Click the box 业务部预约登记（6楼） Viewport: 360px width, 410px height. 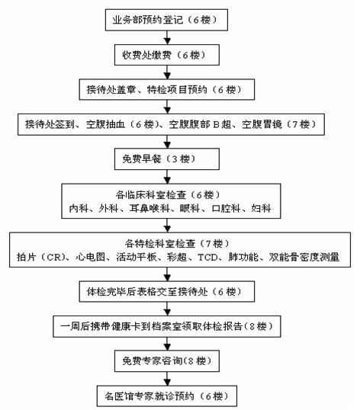[166, 20]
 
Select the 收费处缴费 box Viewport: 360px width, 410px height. [167, 55]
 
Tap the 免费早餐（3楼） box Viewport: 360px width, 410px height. [167, 159]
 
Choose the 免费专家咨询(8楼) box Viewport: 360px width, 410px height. [167, 361]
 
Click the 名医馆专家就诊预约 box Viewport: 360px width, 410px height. [167, 396]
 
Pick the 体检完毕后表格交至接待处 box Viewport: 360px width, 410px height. [167, 292]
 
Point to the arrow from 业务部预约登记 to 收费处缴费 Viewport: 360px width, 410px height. [167, 37]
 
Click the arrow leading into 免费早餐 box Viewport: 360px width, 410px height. [167, 142]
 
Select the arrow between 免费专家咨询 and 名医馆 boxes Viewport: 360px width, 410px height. [167, 379]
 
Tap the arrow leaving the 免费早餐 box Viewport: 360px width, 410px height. [167, 177]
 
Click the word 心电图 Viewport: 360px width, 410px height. [90, 257]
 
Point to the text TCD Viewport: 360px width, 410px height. [207, 258]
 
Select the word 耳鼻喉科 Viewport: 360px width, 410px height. [149, 208]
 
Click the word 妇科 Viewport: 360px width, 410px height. [261, 208]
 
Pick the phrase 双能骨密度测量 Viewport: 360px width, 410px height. [304, 257]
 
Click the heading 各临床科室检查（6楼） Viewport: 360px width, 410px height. [169, 195]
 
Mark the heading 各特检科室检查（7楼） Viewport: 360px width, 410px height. [177, 244]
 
